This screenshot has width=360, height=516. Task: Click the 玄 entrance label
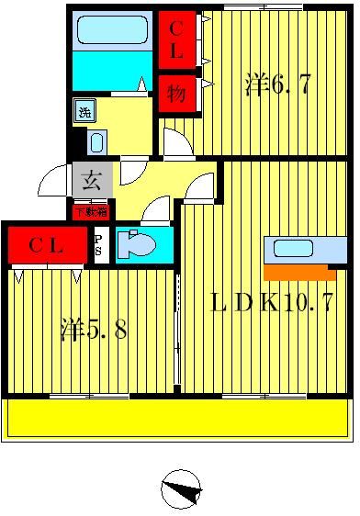point(92,180)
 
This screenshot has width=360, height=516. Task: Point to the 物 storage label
point(176,94)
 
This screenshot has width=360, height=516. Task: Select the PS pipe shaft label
point(99,245)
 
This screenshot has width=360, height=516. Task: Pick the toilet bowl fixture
point(140,245)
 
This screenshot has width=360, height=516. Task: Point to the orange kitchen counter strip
point(298,272)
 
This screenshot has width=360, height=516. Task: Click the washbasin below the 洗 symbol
point(97,141)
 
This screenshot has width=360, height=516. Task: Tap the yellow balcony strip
point(179,418)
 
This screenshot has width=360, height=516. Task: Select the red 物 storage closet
point(177,94)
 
